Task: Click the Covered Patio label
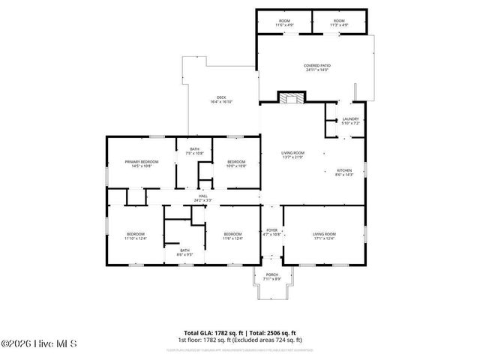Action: pyautogui.click(x=317, y=65)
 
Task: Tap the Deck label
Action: pyautogui.click(x=221, y=97)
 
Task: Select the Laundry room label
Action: pyautogui.click(x=350, y=118)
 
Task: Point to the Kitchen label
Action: pyautogui.click(x=344, y=170)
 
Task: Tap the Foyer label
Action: pyautogui.click(x=271, y=230)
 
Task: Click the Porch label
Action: pyautogui.click(x=271, y=274)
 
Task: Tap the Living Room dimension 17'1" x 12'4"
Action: pyautogui.click(x=324, y=238)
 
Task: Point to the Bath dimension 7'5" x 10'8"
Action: pyautogui.click(x=195, y=152)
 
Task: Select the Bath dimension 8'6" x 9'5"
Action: pyautogui.click(x=184, y=254)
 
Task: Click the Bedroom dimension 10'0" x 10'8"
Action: pyautogui.click(x=236, y=166)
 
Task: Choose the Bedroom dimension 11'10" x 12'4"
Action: pyautogui.click(x=136, y=238)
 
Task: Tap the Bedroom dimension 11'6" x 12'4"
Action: pyautogui.click(x=232, y=238)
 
